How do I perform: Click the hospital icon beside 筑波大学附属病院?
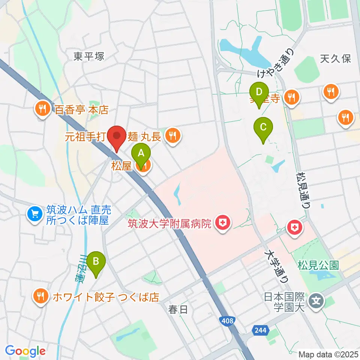tap(223, 224)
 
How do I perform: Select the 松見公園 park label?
tap(318, 266)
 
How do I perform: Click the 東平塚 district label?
tap(89, 57)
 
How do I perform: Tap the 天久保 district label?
tap(336, 58)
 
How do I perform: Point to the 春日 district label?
tap(178, 310)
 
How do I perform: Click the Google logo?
tap(25, 351)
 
